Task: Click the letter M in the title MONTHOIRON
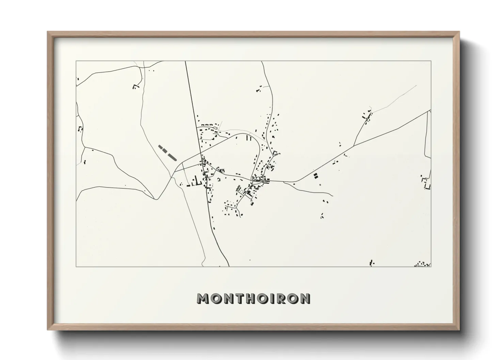coord(203,299)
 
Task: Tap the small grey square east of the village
coord(320,185)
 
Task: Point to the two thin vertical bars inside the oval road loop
coord(248,138)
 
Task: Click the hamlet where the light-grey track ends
coord(367,115)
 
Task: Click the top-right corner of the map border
coord(431,61)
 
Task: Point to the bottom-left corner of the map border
coord(76,266)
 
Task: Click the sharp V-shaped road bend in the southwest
coord(156,199)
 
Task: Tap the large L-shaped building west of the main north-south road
coord(197,181)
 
